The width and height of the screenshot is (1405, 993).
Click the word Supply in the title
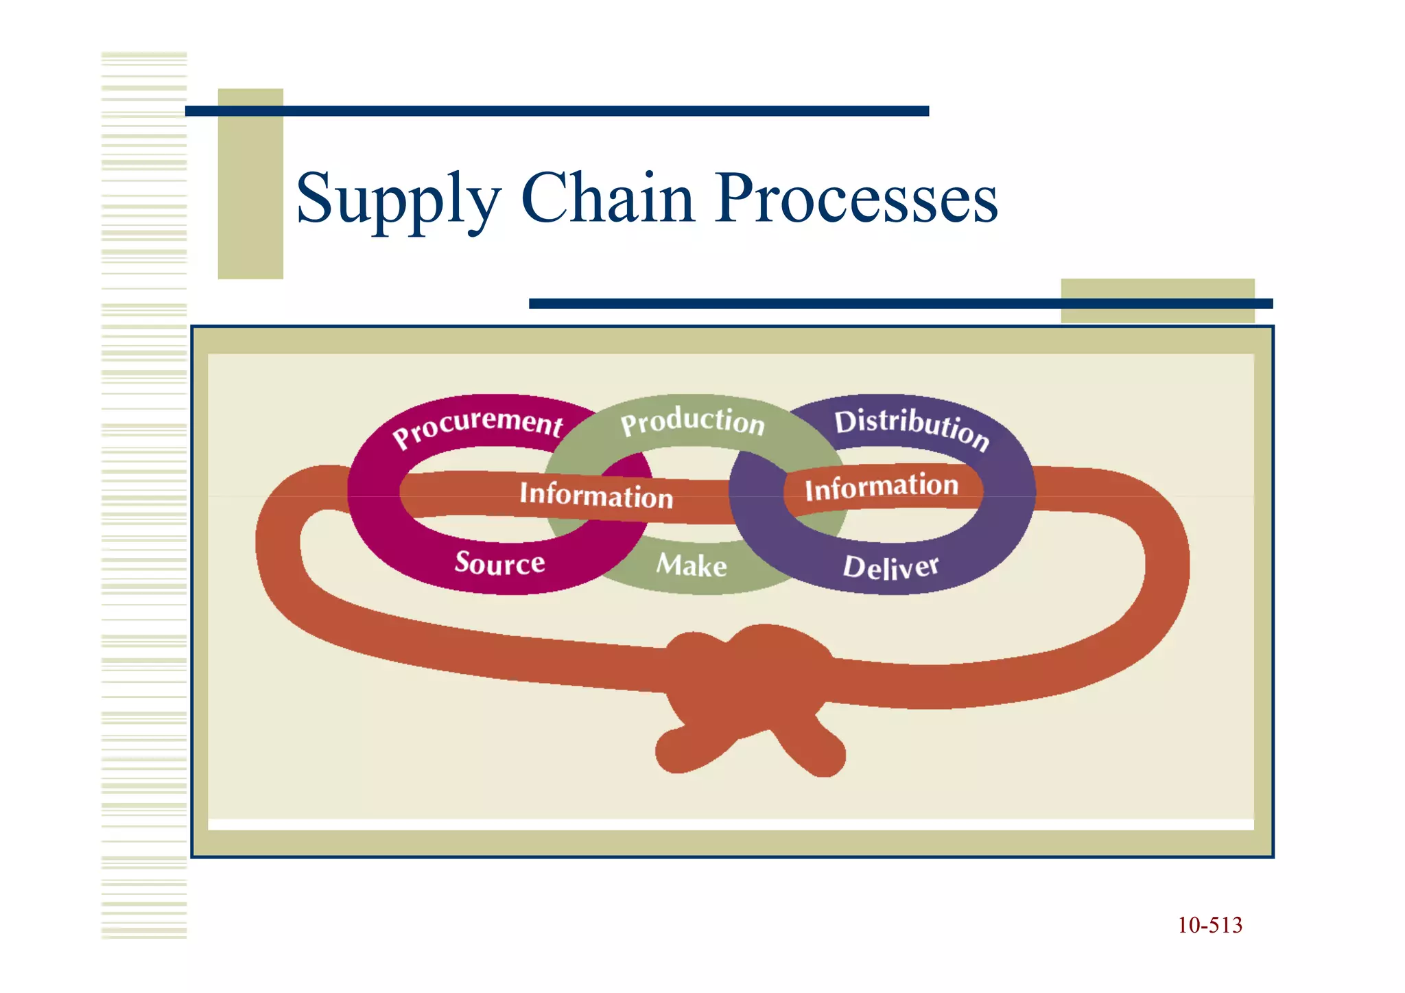coord(398,199)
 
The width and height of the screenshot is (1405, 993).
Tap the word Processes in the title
coord(855,199)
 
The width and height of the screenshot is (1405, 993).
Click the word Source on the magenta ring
coord(499,563)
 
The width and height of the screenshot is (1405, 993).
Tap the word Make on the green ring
coord(692,565)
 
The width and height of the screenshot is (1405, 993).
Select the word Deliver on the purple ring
coord(890,568)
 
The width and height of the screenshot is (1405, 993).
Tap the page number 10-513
coord(1209,925)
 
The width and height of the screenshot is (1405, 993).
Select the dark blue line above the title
coord(556,111)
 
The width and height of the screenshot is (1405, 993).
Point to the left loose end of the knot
coord(679,751)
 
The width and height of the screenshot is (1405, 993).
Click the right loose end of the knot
coord(823,755)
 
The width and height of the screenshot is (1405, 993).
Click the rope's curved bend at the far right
coord(1166,563)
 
